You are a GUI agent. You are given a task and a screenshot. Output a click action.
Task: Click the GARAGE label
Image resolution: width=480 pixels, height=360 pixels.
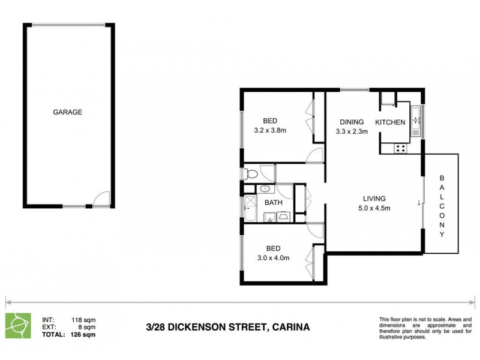point(67,112)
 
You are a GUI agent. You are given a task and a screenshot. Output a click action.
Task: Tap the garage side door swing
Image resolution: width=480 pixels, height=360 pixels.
point(102,199)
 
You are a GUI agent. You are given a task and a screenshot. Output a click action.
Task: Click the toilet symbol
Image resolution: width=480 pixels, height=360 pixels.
point(251,174)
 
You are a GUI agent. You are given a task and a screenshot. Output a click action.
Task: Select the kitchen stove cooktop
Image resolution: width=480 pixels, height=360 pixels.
point(400,147)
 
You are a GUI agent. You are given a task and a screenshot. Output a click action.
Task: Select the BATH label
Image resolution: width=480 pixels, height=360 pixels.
point(274,203)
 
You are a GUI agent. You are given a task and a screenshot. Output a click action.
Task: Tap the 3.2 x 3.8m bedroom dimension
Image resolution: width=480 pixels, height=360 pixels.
point(269,130)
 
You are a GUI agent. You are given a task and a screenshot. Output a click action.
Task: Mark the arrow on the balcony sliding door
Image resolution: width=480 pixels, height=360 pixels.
point(419,202)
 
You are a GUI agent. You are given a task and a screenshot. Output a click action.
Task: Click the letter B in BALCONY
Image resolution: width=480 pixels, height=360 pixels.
point(442,178)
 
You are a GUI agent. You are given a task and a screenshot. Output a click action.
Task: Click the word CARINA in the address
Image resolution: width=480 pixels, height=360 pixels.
point(292,327)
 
